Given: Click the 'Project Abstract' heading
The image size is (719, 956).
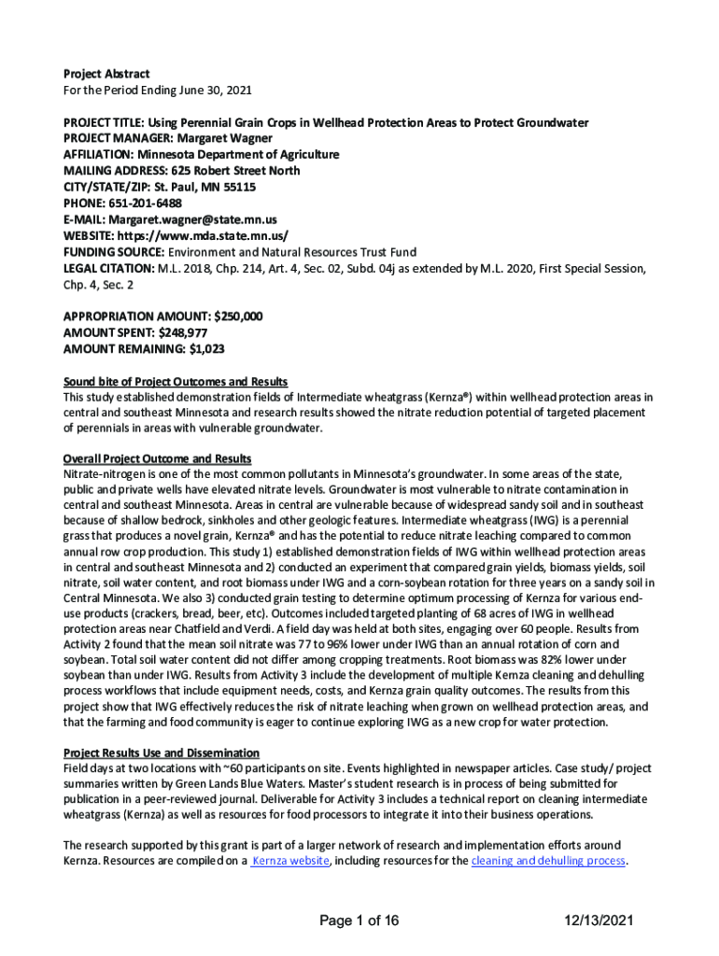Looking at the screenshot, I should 106,74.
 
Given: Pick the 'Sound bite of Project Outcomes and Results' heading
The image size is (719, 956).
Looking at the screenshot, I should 175,382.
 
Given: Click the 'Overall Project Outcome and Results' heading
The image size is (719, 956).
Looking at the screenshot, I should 157,458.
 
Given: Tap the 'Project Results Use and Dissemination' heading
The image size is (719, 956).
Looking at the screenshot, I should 161,752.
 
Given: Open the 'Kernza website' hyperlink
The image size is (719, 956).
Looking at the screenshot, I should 291,861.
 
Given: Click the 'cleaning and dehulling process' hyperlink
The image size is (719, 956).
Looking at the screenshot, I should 548,861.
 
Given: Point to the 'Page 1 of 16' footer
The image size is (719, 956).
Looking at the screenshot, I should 359,921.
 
